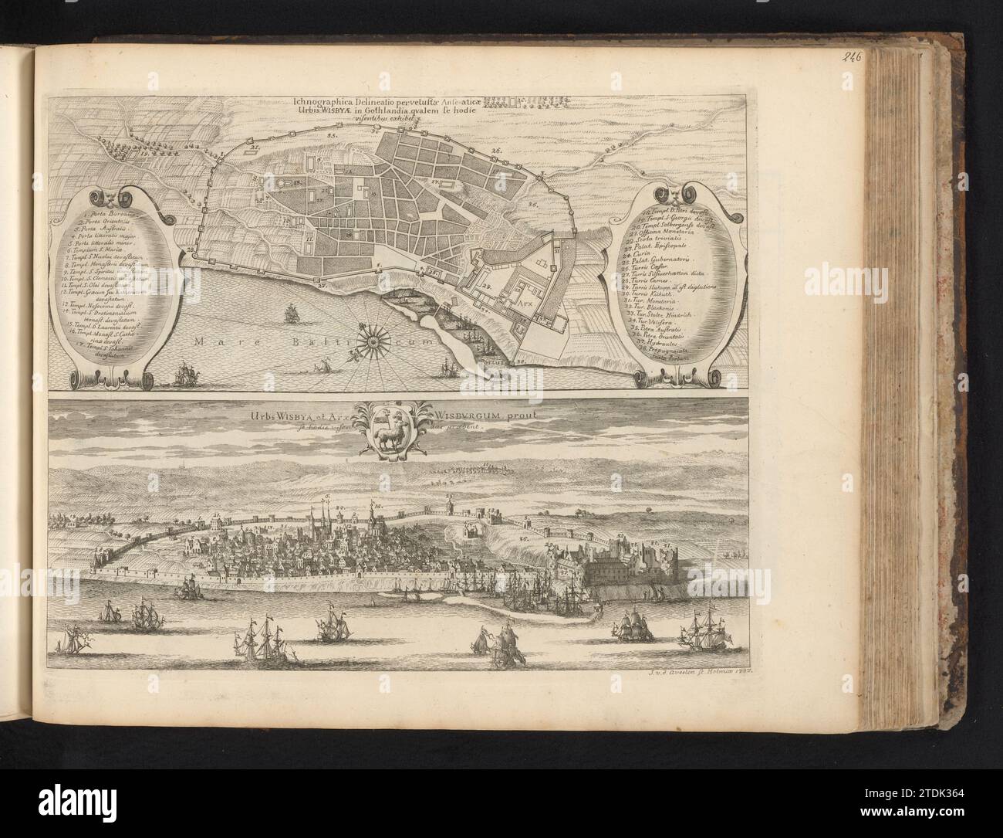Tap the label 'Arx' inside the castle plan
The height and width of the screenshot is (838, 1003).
[x=525, y=305]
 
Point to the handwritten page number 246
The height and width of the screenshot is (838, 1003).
[x=852, y=56]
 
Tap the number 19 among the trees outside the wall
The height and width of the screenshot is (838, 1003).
[x=144, y=154]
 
